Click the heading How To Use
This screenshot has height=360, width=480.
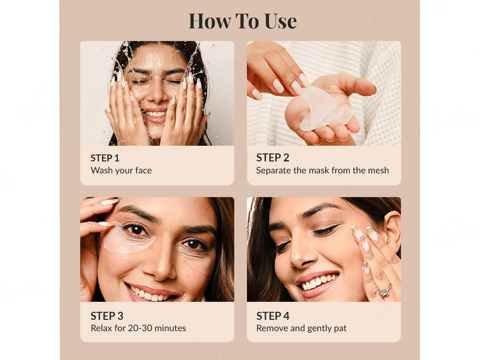click(242, 21)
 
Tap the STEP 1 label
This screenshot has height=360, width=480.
click(105, 158)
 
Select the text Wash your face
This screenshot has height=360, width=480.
click(121, 170)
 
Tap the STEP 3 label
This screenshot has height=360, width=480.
click(107, 316)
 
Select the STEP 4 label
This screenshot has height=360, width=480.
click(273, 316)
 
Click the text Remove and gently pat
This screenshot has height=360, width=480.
click(301, 328)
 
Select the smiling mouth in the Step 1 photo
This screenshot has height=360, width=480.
click(155, 115)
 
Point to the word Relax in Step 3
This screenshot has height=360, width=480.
click(101, 328)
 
